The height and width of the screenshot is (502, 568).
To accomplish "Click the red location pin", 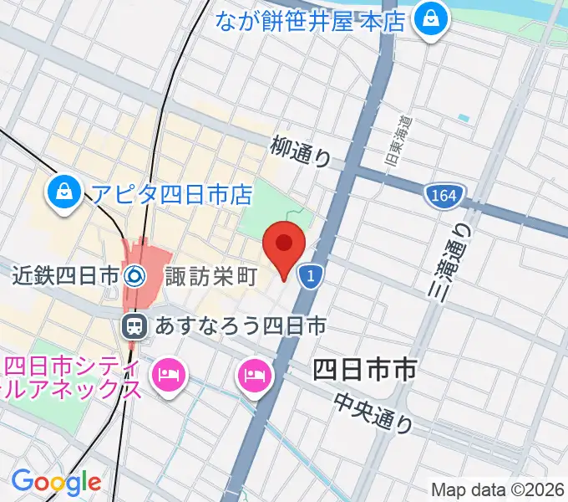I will point(284,246).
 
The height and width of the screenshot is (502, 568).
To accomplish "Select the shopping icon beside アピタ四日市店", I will point(64,192).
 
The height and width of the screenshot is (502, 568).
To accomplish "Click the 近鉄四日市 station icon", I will point(134,274).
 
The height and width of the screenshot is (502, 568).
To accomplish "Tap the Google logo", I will point(56,482).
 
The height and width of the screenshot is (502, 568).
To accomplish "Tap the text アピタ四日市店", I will point(171,195).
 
